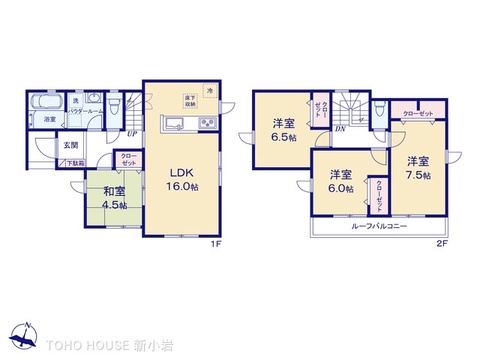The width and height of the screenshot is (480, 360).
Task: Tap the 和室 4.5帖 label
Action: click(112, 197)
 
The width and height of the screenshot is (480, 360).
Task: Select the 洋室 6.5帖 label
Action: click(281, 130)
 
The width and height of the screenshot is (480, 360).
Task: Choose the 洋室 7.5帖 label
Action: click(418, 167)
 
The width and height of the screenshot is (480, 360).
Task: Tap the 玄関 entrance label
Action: click(71, 145)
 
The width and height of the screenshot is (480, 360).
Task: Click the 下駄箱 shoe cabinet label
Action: click(76, 162)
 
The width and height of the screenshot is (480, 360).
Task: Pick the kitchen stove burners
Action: click(205, 124)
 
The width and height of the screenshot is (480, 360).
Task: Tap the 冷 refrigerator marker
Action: click(210, 91)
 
